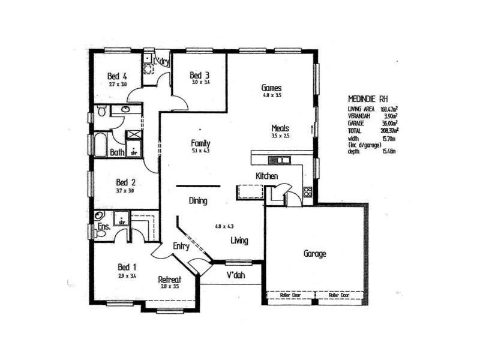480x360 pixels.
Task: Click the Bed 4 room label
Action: pyautogui.click(x=117, y=76)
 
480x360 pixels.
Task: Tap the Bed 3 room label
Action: pyautogui.click(x=199, y=75)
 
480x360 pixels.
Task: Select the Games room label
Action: pyautogui.click(x=272, y=88)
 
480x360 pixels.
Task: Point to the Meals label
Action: pyautogui.click(x=280, y=128)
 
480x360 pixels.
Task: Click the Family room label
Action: pyautogui.click(x=200, y=143)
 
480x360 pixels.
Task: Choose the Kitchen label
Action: pyautogui.click(x=266, y=176)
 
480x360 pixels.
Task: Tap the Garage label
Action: pyautogui.click(x=314, y=254)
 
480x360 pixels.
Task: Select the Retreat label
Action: pyautogui.click(x=170, y=279)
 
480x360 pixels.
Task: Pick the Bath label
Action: pyautogui.click(x=117, y=152)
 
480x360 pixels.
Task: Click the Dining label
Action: pyautogui.click(x=197, y=201)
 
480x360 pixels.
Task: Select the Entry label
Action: pyautogui.click(x=181, y=246)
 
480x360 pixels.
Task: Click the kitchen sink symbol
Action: pyautogui.click(x=278, y=160)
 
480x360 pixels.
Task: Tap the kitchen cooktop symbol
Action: pyautogui.click(x=308, y=192)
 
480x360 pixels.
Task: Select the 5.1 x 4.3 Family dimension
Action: pyautogui.click(x=200, y=152)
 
